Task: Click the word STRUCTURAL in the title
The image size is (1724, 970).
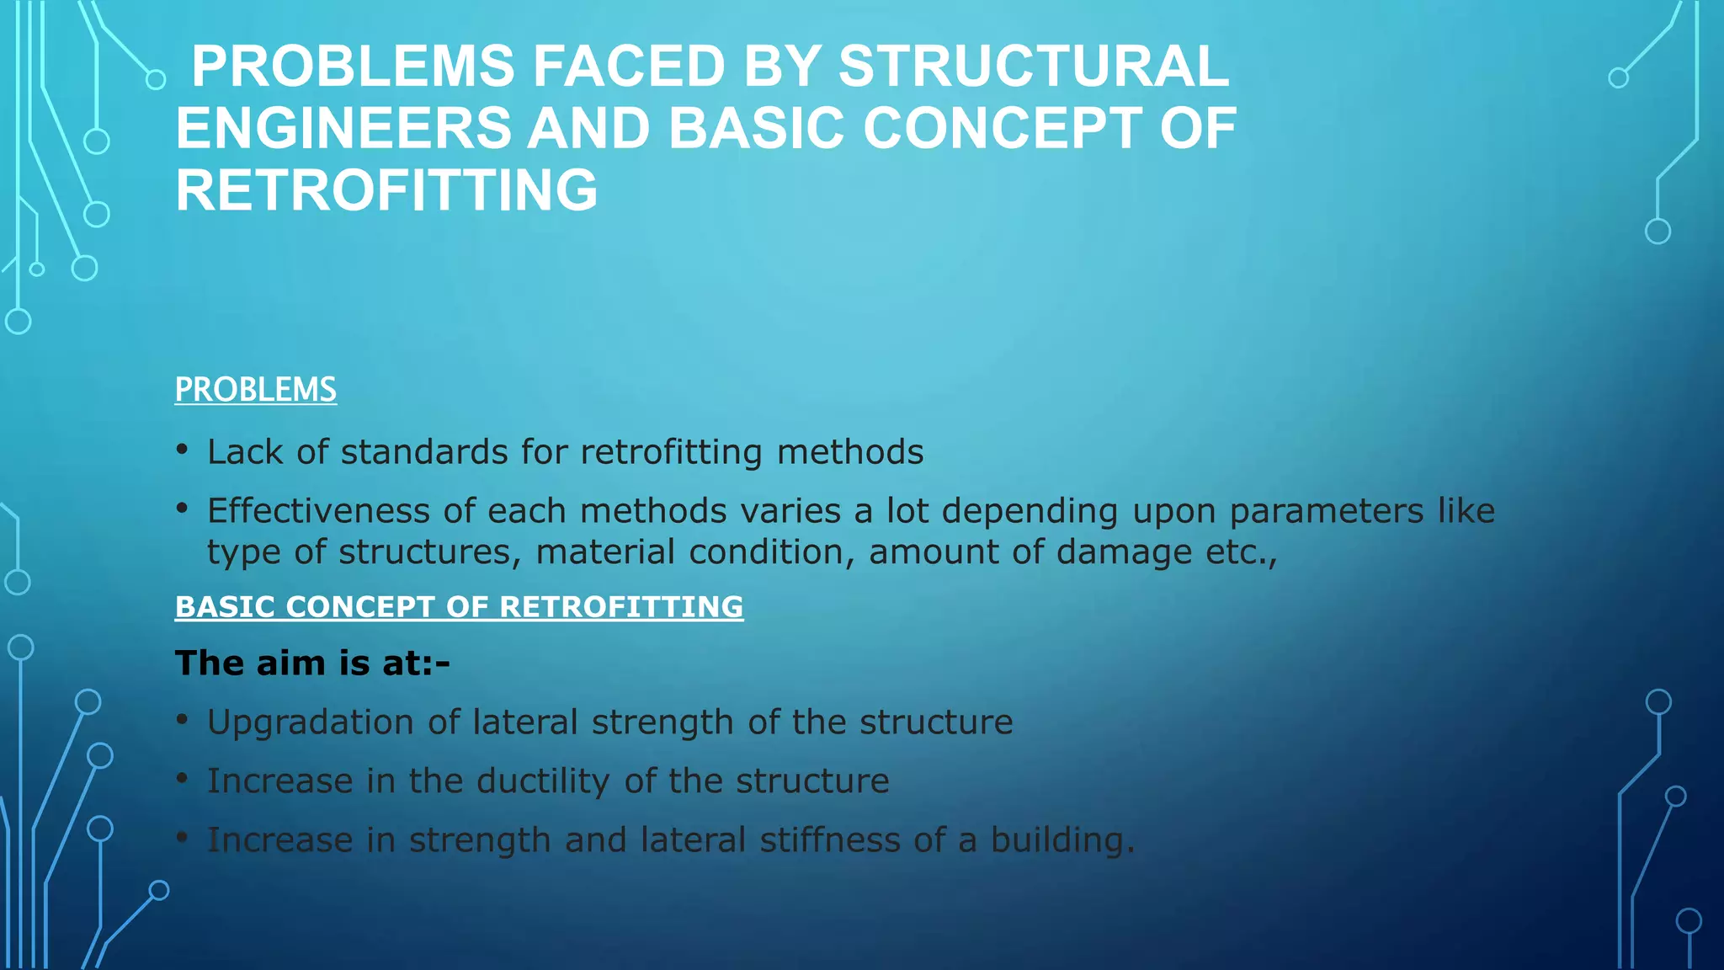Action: click(1033, 67)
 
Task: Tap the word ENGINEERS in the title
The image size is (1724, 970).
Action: click(343, 129)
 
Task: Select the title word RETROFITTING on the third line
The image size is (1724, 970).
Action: click(386, 190)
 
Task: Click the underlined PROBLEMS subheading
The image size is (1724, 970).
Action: click(255, 390)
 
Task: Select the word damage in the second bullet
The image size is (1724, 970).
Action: click(1124, 552)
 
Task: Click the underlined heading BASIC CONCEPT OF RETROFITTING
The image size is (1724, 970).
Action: click(459, 607)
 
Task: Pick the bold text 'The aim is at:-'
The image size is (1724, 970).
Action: click(312, 664)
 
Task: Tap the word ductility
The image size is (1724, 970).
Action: click(542, 781)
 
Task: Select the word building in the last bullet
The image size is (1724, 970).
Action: click(1062, 840)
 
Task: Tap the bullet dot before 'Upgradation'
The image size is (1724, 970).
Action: click(182, 719)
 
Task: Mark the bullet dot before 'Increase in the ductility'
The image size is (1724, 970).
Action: click(182, 778)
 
